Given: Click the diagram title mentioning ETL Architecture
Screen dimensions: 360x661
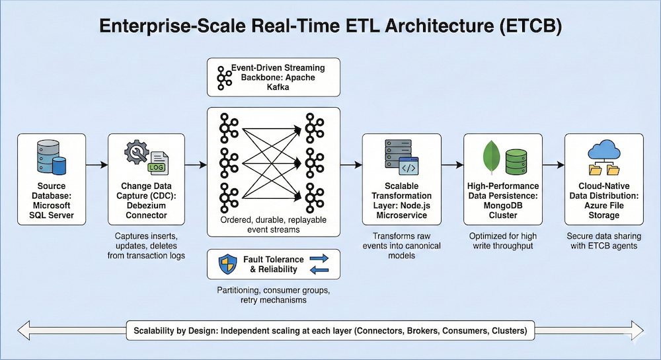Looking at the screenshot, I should [x=330, y=26].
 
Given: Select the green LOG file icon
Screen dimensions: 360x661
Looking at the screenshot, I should [x=159, y=162].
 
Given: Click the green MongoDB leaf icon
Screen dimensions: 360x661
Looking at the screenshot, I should [x=489, y=159].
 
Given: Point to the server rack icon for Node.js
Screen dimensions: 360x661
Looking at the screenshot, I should [x=390, y=154].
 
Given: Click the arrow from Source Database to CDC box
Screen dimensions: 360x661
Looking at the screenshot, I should [x=97, y=163].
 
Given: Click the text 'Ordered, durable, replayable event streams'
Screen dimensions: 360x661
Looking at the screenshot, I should [x=273, y=224].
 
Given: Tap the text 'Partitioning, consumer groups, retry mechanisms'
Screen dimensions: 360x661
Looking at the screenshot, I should [x=273, y=295].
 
